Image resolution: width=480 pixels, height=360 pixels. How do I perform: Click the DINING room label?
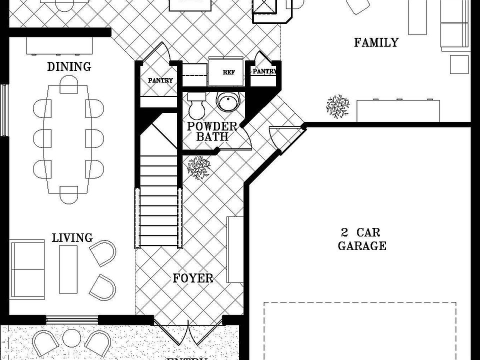[69, 66]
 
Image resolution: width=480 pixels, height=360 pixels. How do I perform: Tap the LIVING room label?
[72, 237]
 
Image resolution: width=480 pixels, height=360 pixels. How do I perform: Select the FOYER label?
[193, 278]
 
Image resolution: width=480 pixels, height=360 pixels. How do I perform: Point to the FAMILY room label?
[376, 42]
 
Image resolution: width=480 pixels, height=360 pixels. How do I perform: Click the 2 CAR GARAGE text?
[362, 239]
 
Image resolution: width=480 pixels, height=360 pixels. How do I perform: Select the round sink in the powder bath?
[228, 102]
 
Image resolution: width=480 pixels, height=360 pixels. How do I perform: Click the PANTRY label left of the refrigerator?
[160, 80]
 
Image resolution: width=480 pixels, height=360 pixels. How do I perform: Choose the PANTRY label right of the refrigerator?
[264, 71]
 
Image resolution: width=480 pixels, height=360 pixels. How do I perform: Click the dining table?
[68, 139]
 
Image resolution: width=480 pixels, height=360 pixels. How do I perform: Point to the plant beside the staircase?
[198, 168]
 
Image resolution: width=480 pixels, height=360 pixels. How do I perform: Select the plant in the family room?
[337, 106]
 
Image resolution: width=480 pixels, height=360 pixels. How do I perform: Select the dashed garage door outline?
[360, 330]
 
